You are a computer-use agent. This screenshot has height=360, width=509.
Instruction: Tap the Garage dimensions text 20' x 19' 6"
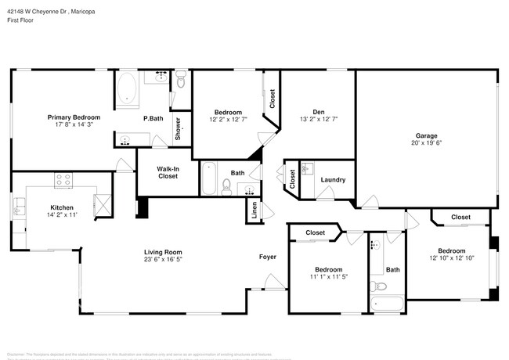[426, 143]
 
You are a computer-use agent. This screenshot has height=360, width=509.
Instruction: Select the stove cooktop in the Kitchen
[63, 182]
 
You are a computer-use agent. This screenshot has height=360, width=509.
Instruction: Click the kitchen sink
[18, 207]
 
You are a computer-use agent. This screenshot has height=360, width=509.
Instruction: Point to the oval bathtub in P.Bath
[127, 90]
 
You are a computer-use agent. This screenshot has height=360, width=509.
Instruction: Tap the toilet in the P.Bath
[181, 79]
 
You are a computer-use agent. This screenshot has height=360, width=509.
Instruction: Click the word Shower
[178, 127]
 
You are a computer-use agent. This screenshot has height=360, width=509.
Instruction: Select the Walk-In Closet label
[167, 172]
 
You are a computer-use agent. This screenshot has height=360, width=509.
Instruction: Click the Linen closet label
[254, 210]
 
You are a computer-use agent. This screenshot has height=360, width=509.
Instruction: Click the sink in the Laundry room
[308, 169]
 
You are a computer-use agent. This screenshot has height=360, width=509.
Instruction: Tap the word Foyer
[268, 257]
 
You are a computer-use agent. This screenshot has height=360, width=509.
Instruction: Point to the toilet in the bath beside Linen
[226, 186]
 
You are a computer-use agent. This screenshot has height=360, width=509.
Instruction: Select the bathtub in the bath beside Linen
[208, 178]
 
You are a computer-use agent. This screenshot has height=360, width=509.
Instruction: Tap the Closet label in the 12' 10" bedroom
[460, 217]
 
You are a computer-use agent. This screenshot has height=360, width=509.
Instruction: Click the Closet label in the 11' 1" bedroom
[315, 232]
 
